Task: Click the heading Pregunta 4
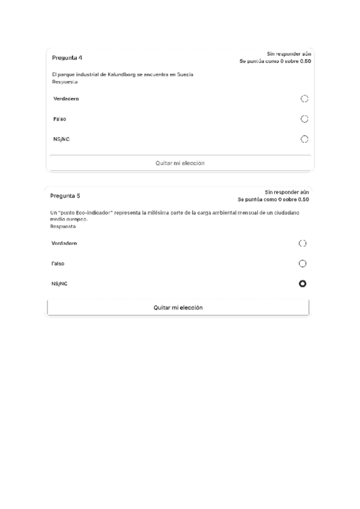pyautogui.click(x=67, y=58)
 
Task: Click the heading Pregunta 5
pyautogui.click(x=65, y=196)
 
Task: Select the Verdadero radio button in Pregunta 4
pyautogui.click(x=304, y=98)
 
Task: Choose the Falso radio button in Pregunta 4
pyautogui.click(x=304, y=119)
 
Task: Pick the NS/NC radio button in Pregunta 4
pyautogui.click(x=304, y=139)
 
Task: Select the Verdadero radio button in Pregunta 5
pyautogui.click(x=302, y=243)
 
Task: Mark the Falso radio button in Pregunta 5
pyautogui.click(x=302, y=264)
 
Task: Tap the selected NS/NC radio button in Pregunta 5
pyautogui.click(x=302, y=283)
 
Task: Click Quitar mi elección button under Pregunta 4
pyautogui.click(x=180, y=163)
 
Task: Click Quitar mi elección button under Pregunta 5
pyautogui.click(x=178, y=307)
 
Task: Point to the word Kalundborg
pyautogui.click(x=121, y=74)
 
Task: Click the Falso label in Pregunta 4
pyautogui.click(x=59, y=119)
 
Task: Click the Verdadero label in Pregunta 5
pyautogui.click(x=64, y=243)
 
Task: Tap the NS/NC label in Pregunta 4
pyautogui.click(x=62, y=139)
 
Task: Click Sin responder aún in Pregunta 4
pyautogui.click(x=289, y=54)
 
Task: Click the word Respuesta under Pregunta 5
pyautogui.click(x=63, y=226)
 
